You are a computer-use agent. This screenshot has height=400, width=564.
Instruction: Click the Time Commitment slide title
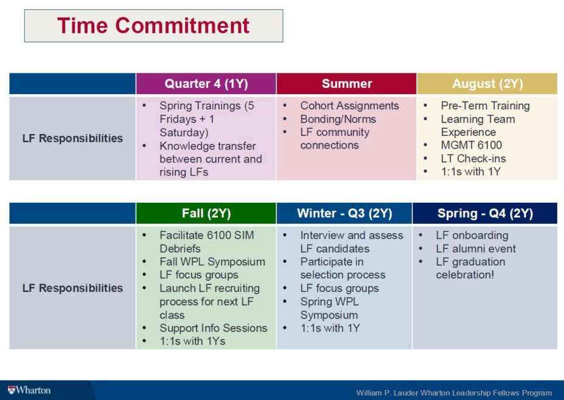point(153,25)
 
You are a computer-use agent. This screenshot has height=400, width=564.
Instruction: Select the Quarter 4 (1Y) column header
point(206,83)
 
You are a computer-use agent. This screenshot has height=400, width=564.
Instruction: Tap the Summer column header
point(347,83)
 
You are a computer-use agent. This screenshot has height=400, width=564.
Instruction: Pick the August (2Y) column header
point(488,83)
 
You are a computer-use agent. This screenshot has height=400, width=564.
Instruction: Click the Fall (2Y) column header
point(206,213)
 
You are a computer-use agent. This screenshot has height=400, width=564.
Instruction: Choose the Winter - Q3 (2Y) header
point(344,213)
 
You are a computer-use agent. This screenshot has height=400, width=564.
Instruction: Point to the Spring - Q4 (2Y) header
point(485,213)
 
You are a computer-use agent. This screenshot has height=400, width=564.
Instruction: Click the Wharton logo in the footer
point(30,390)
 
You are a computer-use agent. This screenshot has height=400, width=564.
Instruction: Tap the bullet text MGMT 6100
point(471,145)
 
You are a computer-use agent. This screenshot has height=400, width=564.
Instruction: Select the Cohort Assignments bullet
point(349,106)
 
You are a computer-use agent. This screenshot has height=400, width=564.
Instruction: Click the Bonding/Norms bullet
point(338,119)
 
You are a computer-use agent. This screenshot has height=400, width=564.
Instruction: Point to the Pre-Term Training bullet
point(485,106)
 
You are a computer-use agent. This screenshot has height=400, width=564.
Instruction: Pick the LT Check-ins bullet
point(474,158)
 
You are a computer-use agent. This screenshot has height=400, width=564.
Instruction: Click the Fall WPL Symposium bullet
point(212,262)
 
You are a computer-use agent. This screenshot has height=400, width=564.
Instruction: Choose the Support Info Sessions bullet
point(213,328)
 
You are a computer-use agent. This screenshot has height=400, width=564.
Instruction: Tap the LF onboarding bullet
point(472,235)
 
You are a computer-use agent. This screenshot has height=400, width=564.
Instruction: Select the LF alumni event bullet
point(475,248)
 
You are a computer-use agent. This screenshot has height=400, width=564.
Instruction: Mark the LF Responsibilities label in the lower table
point(72,288)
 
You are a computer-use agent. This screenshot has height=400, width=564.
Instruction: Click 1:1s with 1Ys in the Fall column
point(192,341)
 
